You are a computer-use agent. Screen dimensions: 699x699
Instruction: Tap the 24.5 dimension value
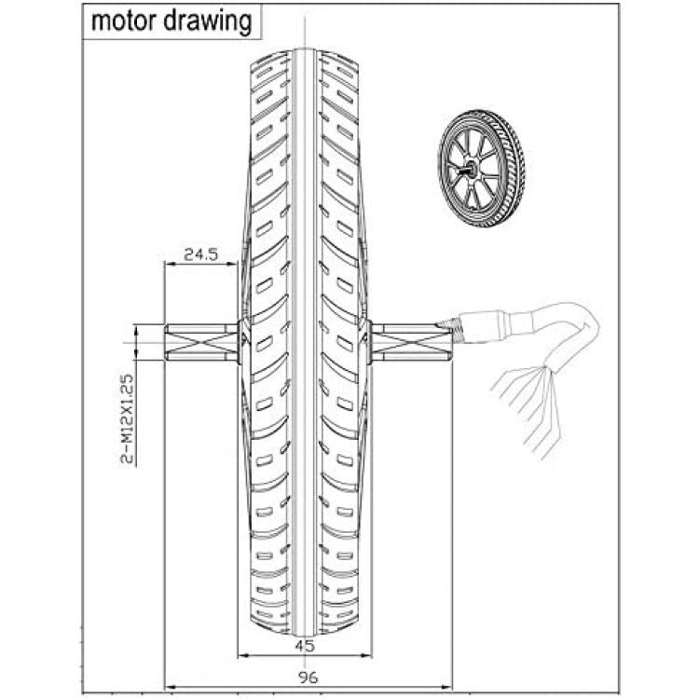click(x=200, y=254)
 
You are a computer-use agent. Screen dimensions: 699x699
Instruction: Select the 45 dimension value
click(x=305, y=645)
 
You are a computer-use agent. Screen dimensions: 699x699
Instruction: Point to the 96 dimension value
click(x=308, y=678)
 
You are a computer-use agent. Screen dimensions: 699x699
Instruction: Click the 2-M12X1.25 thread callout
click(x=127, y=418)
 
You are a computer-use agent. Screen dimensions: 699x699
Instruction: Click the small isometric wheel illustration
click(x=481, y=169)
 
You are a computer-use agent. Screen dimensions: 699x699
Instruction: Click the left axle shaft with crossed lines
click(x=201, y=342)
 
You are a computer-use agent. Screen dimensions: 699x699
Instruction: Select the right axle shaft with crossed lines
click(x=411, y=342)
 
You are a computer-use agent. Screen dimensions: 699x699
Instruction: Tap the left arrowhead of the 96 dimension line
click(x=170, y=688)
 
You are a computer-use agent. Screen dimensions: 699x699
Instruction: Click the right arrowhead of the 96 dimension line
click(x=447, y=688)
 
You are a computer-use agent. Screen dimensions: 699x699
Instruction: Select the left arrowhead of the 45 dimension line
click(x=243, y=655)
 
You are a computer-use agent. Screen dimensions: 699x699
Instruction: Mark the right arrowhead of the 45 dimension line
click(x=366, y=655)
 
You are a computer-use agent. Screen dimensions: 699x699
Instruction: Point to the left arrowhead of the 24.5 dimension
click(x=170, y=264)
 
